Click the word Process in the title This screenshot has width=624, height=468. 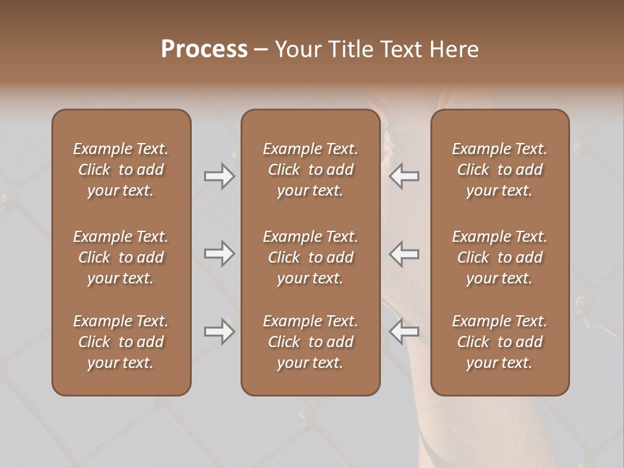click(204, 49)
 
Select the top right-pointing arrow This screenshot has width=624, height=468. click(220, 176)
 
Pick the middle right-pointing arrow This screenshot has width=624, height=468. click(220, 253)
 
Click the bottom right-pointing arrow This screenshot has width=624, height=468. click(220, 331)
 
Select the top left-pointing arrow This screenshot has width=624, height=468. click(404, 176)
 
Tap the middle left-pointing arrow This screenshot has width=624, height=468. click(404, 253)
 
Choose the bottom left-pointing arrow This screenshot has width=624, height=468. click(404, 331)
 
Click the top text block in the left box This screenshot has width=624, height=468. click(121, 170)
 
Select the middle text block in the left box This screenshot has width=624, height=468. click(121, 257)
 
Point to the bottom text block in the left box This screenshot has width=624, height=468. click(121, 342)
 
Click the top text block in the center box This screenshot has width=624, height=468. click(310, 170)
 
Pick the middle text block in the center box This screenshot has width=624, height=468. click(310, 257)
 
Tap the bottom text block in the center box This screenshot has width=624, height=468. click(310, 342)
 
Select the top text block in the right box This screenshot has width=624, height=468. click(499, 170)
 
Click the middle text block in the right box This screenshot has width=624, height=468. click(499, 257)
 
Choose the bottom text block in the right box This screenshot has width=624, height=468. click(499, 342)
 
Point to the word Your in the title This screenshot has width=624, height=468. click(297, 49)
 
